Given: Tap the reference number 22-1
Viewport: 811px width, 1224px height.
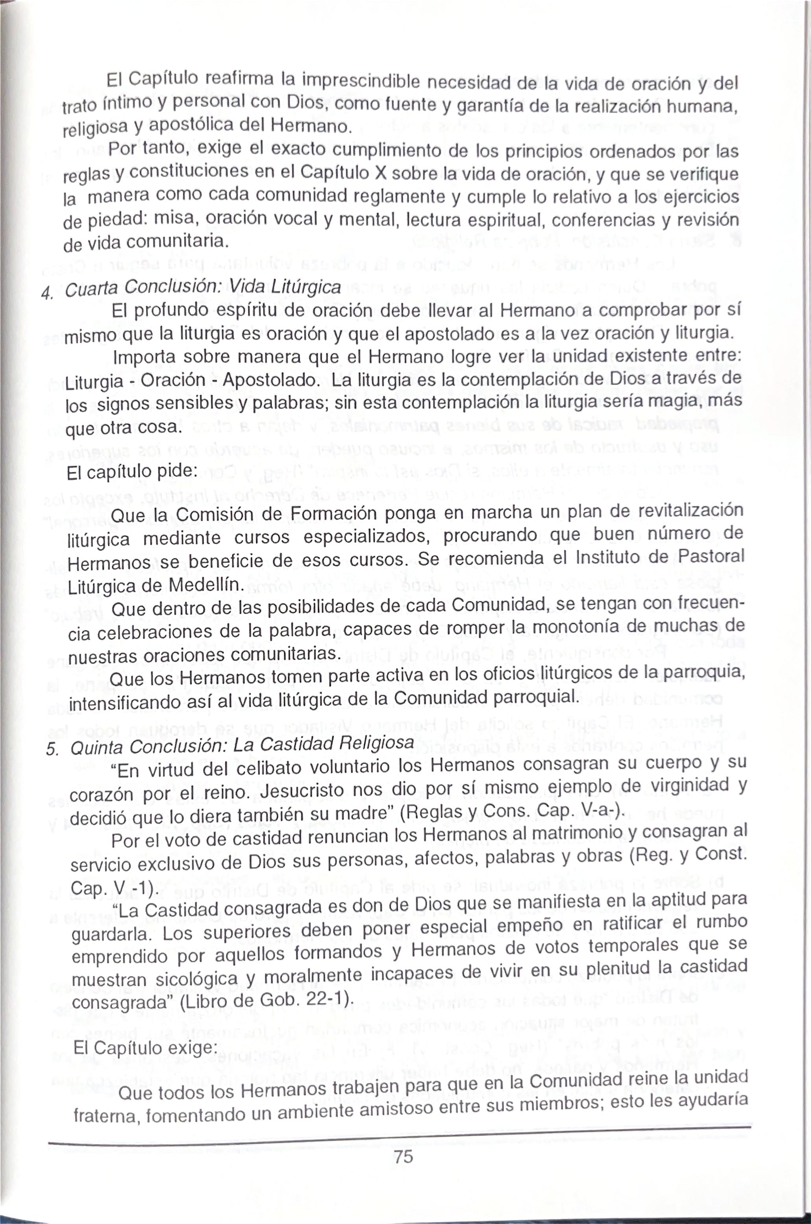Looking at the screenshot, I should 329,1000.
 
